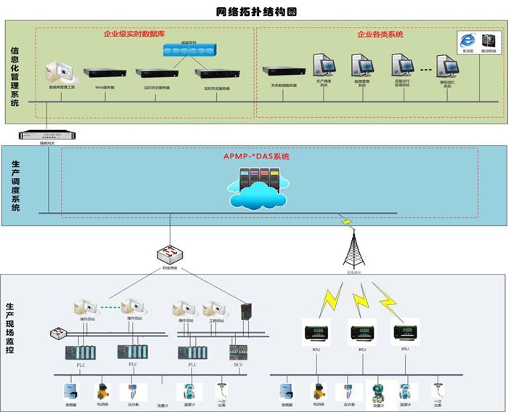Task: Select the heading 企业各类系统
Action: (380, 34)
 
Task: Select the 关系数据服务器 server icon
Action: (280, 70)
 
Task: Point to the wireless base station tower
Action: (356, 247)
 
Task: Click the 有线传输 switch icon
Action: (171, 254)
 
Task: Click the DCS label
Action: (237, 365)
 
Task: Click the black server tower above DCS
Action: (247, 310)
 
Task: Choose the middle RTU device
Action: (361, 333)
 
